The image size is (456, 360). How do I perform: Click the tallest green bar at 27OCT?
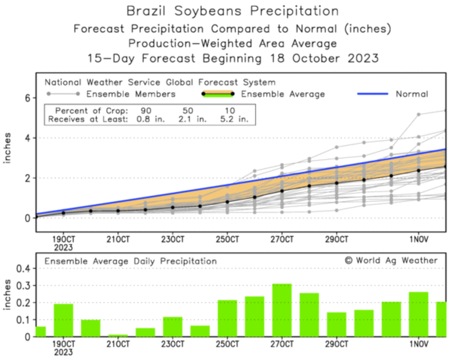[x=282, y=310]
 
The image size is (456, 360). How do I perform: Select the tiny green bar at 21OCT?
[x=118, y=335]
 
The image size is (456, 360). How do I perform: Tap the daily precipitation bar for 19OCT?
[x=63, y=320]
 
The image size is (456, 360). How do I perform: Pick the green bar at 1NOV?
[x=418, y=314]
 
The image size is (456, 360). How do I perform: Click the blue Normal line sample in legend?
[x=372, y=94]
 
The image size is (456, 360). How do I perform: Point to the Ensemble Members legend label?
[x=131, y=94]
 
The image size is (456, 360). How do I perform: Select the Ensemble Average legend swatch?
[x=218, y=94]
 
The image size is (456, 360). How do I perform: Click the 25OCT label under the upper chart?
[x=227, y=239]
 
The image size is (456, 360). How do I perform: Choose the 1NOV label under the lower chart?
[x=418, y=343]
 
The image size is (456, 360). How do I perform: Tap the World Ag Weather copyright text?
[x=391, y=260]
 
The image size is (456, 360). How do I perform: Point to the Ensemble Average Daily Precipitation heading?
[x=131, y=261]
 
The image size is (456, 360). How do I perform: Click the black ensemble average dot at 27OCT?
[x=282, y=191]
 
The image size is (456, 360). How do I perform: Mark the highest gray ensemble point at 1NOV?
[x=418, y=114]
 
